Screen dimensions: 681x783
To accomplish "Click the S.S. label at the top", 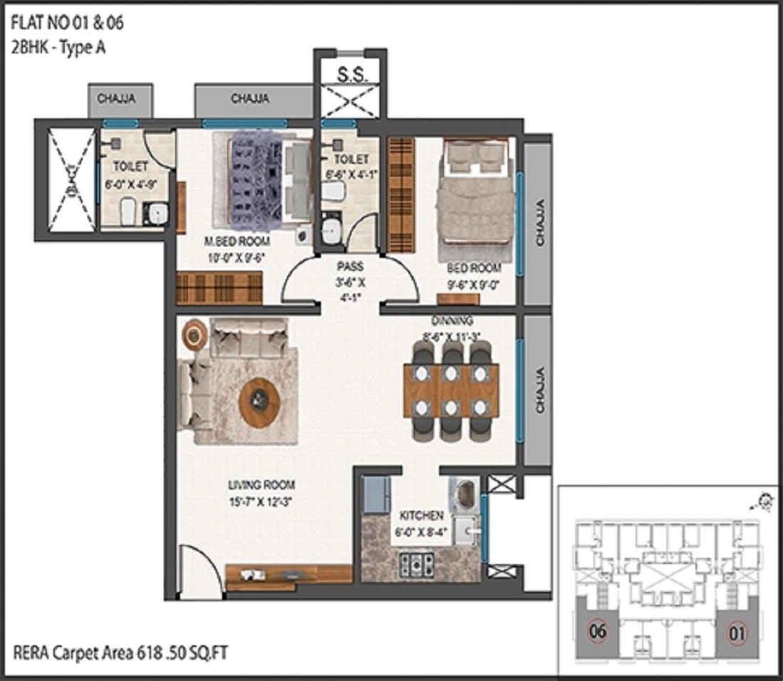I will pyautogui.click(x=352, y=75).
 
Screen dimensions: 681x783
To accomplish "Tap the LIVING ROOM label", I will pyautogui.click(x=261, y=485).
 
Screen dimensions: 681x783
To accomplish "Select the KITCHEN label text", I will pyautogui.click(x=421, y=515).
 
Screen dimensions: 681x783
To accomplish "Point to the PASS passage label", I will pyautogui.click(x=350, y=266).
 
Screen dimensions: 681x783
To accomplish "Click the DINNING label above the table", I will pyautogui.click(x=452, y=321).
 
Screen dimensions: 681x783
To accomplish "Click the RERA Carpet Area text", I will pyautogui.click(x=120, y=651).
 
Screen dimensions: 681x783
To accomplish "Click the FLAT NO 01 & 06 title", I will pyautogui.click(x=67, y=23).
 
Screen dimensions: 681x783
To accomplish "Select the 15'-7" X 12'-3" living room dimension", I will pyautogui.click(x=261, y=501).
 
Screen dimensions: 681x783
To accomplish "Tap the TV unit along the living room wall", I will pyautogui.click(x=288, y=576).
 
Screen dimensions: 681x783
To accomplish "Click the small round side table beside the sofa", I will pyautogui.click(x=194, y=334).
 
